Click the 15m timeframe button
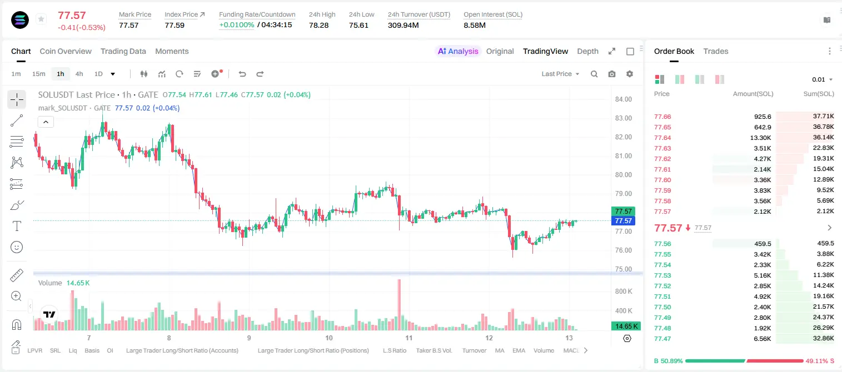[39, 74]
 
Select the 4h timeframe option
[79, 74]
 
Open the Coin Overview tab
[66, 51]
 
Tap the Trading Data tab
[123, 51]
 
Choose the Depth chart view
[587, 51]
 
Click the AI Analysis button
[458, 51]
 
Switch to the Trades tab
[716, 51]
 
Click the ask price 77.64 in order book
[662, 138]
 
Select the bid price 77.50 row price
[662, 307]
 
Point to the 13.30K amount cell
[760, 138]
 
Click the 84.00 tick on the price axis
[623, 99]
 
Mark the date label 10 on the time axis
[329, 338]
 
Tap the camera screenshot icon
[612, 74]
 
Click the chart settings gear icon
[630, 74]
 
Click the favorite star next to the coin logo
[41, 19]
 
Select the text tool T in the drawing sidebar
[17, 226]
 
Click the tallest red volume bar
[399, 304]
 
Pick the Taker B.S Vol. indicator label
[434, 350]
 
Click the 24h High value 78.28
[319, 25]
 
